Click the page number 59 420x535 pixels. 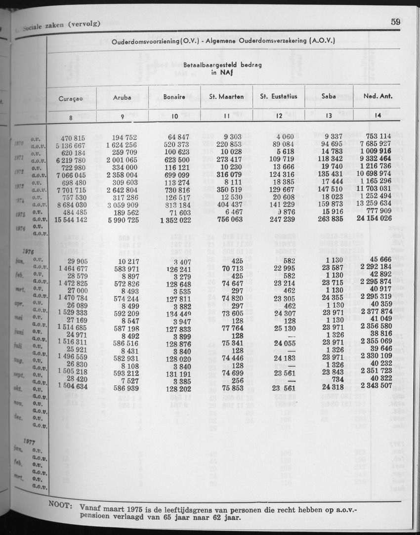[395, 22]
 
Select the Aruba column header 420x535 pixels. [122, 97]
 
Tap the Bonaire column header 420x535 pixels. [174, 97]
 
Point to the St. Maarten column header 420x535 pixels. [226, 97]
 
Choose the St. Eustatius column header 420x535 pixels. [279, 96]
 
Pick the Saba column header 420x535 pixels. [329, 96]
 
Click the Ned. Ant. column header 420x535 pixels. [378, 96]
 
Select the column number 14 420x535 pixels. [378, 117]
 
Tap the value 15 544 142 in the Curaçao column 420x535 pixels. [72, 220]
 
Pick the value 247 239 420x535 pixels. [280, 219]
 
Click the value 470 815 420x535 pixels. [73, 138]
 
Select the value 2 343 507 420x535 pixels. [377, 386]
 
